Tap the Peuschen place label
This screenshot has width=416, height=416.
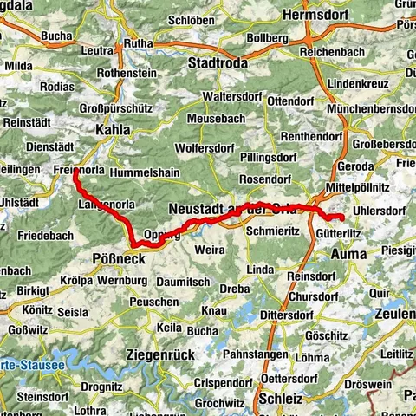(154, 300)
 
